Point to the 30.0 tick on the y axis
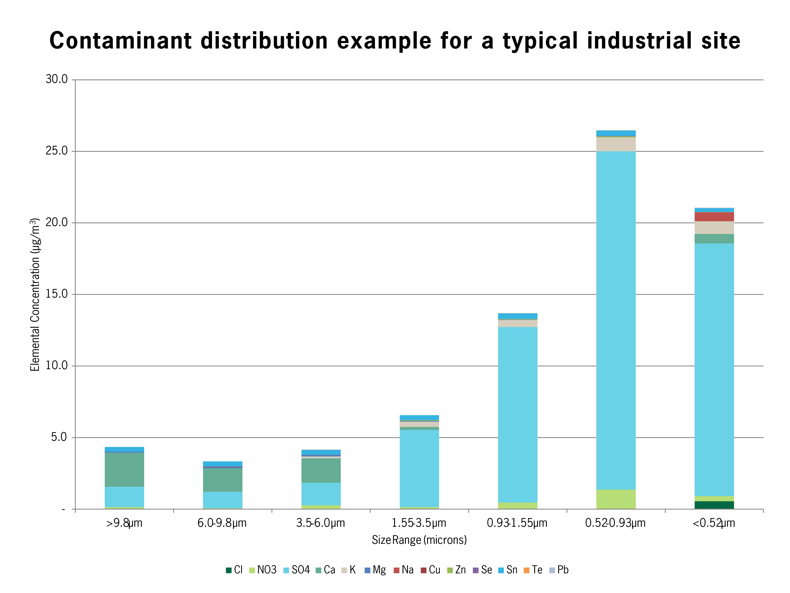click(x=56, y=79)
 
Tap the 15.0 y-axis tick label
click(x=56, y=294)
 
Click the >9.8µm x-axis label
click(x=124, y=523)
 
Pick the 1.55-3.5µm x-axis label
click(x=419, y=523)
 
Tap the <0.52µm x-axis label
click(x=714, y=523)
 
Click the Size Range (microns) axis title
click(x=419, y=540)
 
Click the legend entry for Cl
click(x=235, y=570)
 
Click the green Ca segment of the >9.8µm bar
click(x=124, y=469)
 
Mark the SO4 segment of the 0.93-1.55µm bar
click(x=518, y=415)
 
